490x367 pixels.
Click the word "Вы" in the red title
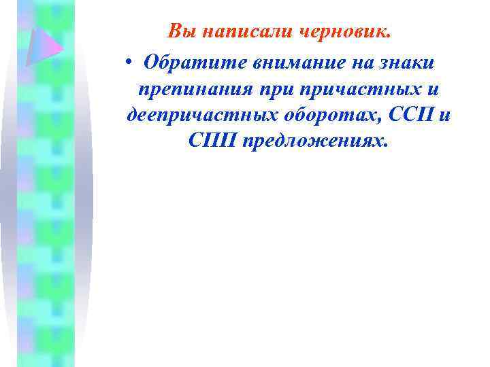[x=180, y=31]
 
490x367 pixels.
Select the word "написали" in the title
[x=238, y=31]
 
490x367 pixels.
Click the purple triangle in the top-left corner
[x=43, y=47]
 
